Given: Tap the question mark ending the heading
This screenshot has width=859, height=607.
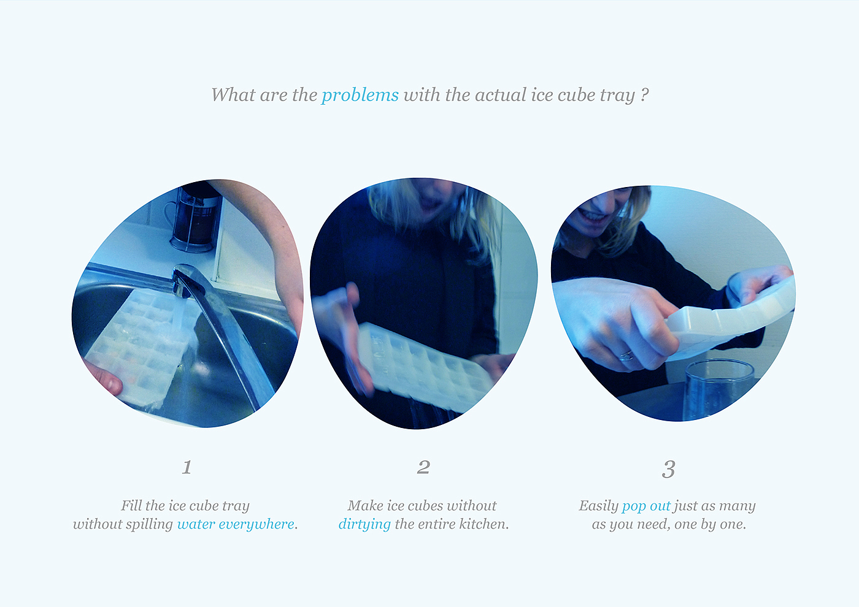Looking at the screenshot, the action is pos(644,94).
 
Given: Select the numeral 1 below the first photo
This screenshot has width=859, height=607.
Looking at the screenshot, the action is pos(187,467).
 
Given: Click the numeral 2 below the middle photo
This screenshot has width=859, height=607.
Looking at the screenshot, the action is pos(424,467).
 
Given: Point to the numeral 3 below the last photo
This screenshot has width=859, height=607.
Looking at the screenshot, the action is pos(668,469).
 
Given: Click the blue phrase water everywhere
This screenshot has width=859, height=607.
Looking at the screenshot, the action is pos(236,524).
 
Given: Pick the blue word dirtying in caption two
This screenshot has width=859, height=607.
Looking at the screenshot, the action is pos(364,524).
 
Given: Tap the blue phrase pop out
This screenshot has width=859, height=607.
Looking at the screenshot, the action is pos(646,506).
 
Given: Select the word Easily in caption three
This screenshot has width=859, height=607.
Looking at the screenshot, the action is pos(599,506).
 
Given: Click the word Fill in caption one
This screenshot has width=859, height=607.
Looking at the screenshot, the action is pos(131,505).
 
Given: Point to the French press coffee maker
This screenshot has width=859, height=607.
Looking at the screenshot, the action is pos(194,218).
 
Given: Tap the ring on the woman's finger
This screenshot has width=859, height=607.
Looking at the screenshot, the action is pos(626,356).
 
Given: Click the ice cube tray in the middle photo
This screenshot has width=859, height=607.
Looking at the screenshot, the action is pos(424,367).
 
